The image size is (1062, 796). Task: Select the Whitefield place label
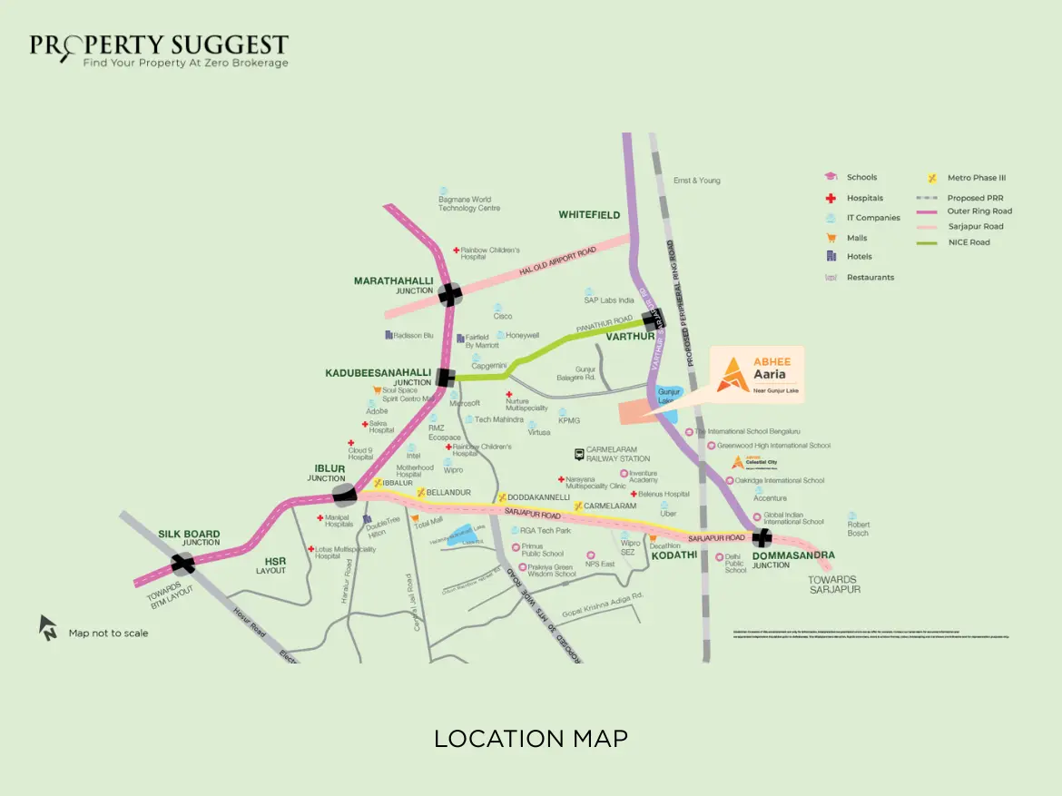589,215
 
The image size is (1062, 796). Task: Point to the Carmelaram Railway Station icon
578,454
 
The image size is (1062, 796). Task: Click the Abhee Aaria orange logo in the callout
730,374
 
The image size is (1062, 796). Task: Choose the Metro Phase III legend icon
931,178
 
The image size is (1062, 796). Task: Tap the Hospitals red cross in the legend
830,198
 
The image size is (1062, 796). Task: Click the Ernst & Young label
696,181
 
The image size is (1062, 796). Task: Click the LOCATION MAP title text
530,738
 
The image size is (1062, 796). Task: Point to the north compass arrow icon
48,627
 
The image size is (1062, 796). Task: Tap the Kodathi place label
674,555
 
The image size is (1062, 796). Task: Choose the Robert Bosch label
858,528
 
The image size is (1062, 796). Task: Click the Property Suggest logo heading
159,45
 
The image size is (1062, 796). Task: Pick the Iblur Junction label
326,473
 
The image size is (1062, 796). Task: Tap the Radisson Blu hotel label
413,335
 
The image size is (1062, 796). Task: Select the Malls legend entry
856,238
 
